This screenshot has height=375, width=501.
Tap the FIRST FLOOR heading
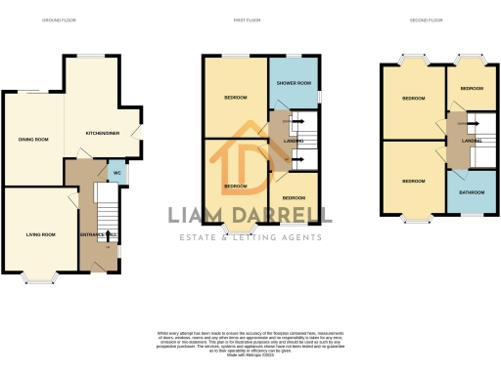[245, 21]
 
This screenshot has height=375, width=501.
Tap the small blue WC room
[116, 172]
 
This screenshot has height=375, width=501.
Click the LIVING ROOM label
[40, 234]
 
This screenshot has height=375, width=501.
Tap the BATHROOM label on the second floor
[473, 192]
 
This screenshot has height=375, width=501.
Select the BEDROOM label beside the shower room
[236, 98]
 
